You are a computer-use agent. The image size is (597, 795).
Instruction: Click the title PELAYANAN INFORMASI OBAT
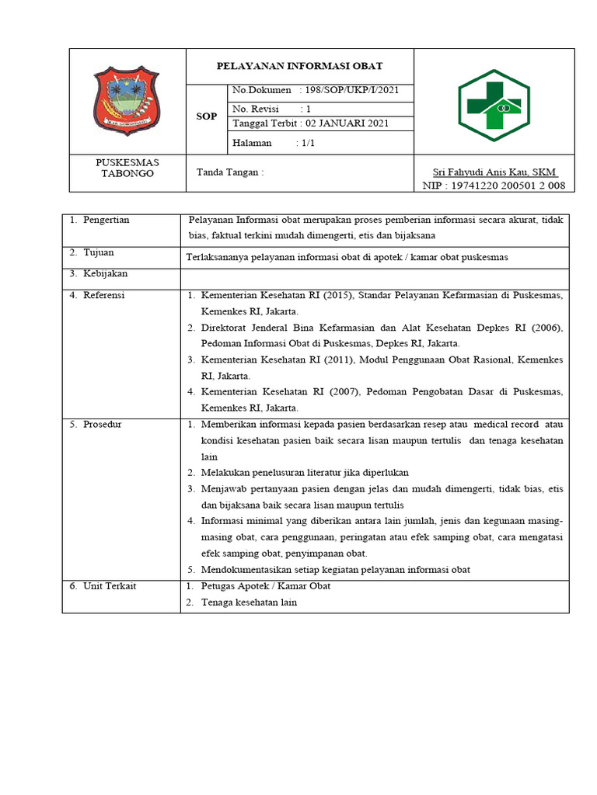coord(299,66)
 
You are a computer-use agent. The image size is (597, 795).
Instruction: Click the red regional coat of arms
coord(127,101)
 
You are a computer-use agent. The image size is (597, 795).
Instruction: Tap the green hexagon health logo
coord(494,100)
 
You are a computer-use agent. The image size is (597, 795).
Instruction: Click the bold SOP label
coord(206,116)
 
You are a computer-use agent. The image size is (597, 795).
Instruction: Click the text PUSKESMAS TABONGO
coord(127,168)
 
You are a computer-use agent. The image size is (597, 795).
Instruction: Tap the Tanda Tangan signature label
coord(230,172)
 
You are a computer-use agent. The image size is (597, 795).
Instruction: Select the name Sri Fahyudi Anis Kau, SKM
coord(494,172)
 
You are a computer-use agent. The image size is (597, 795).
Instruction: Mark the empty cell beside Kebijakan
coord(375,275)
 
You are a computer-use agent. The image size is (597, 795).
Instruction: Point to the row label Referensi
coord(103,295)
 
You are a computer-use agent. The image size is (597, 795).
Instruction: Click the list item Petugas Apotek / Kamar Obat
coord(266,586)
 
